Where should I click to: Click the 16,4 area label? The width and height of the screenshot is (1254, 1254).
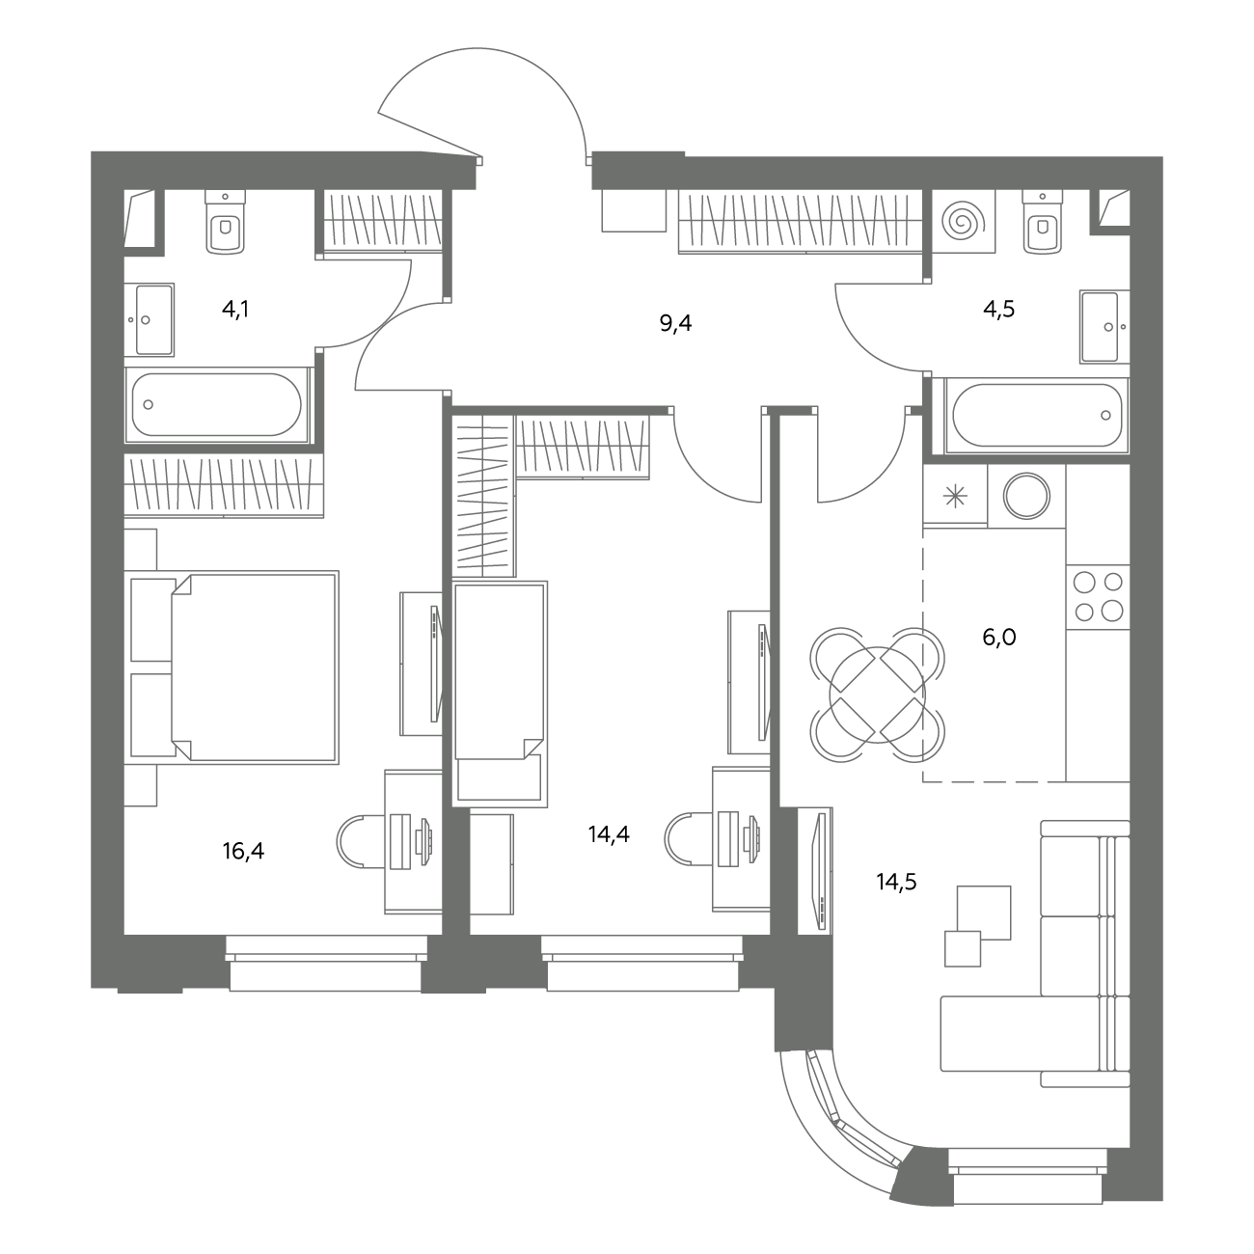coord(243,851)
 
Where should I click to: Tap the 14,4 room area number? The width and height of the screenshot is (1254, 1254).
coord(609,833)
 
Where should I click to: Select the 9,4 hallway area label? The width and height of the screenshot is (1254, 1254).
coord(675,323)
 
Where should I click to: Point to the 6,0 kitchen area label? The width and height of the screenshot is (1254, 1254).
coord(999,637)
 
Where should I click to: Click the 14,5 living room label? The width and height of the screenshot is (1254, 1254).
coord(896,882)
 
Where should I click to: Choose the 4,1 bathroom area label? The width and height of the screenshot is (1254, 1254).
coord(235,309)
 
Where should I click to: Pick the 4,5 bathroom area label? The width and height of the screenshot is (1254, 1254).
coord(999,309)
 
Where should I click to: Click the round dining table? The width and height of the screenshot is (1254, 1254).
coord(877,695)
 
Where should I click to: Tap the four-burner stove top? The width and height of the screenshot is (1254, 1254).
coord(1098,597)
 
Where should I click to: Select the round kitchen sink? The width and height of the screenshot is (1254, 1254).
coord(1026,496)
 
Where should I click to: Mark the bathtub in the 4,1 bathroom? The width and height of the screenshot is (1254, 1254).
coord(217,404)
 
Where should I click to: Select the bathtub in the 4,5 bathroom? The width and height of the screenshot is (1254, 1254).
coord(1037,415)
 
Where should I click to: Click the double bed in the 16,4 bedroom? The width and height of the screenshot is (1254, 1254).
coord(235,667)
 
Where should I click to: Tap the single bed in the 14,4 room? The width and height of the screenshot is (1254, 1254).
coord(500,694)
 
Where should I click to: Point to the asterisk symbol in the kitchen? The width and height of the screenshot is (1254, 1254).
coord(955,497)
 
